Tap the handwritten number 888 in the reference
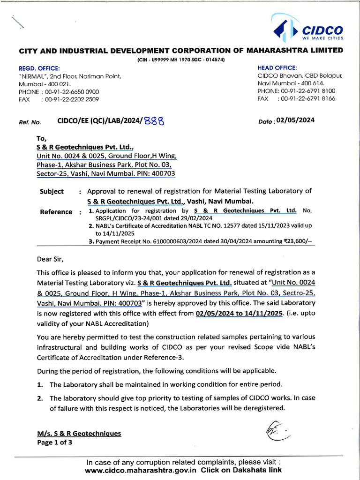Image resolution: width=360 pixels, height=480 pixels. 154,121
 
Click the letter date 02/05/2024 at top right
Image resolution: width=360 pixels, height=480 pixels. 295,120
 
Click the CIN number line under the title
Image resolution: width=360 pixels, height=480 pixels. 180,60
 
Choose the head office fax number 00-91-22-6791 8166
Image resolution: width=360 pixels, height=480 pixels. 308,99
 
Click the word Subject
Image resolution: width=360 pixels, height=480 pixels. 52,191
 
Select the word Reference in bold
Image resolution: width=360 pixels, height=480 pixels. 56,211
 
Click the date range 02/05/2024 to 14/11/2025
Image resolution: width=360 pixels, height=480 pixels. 240,313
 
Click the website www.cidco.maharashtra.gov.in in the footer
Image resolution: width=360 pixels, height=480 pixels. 142,470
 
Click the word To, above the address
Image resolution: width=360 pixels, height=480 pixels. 42,138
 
